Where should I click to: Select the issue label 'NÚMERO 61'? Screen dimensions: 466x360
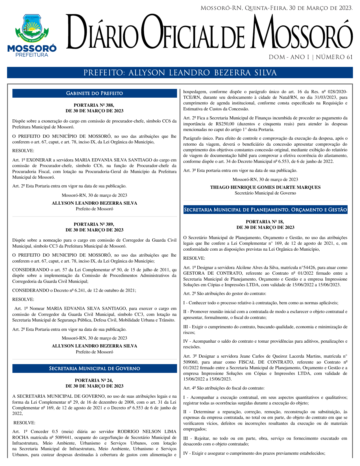point(334,57)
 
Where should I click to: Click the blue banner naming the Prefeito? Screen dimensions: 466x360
point(180,73)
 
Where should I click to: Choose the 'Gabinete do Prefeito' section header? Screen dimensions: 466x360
point(94,93)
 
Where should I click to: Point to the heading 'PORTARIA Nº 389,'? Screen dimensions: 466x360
point(94,224)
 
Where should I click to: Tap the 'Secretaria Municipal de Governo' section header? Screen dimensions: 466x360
point(94,369)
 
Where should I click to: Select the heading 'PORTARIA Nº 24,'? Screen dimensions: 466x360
point(94,380)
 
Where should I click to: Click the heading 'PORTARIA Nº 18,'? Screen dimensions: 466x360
point(265,222)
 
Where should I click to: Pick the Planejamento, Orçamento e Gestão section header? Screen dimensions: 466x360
point(265,210)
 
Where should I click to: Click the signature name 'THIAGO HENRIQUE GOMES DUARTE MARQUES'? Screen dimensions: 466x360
point(265,187)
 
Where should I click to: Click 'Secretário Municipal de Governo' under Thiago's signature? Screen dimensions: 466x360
point(265,193)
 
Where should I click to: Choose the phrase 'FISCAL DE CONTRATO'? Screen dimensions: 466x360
point(263,362)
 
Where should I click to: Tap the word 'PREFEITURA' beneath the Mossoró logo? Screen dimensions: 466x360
point(32,55)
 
